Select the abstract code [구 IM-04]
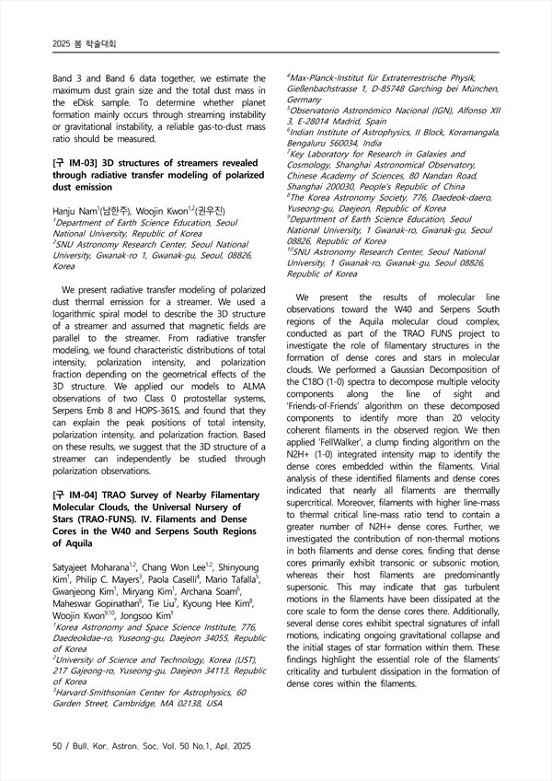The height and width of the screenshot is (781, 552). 76,495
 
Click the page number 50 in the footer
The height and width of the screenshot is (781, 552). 57,743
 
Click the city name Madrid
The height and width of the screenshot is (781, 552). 344,122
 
